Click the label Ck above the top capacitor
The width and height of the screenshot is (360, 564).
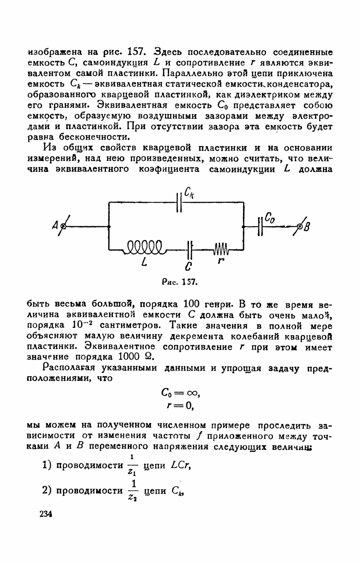190,194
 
